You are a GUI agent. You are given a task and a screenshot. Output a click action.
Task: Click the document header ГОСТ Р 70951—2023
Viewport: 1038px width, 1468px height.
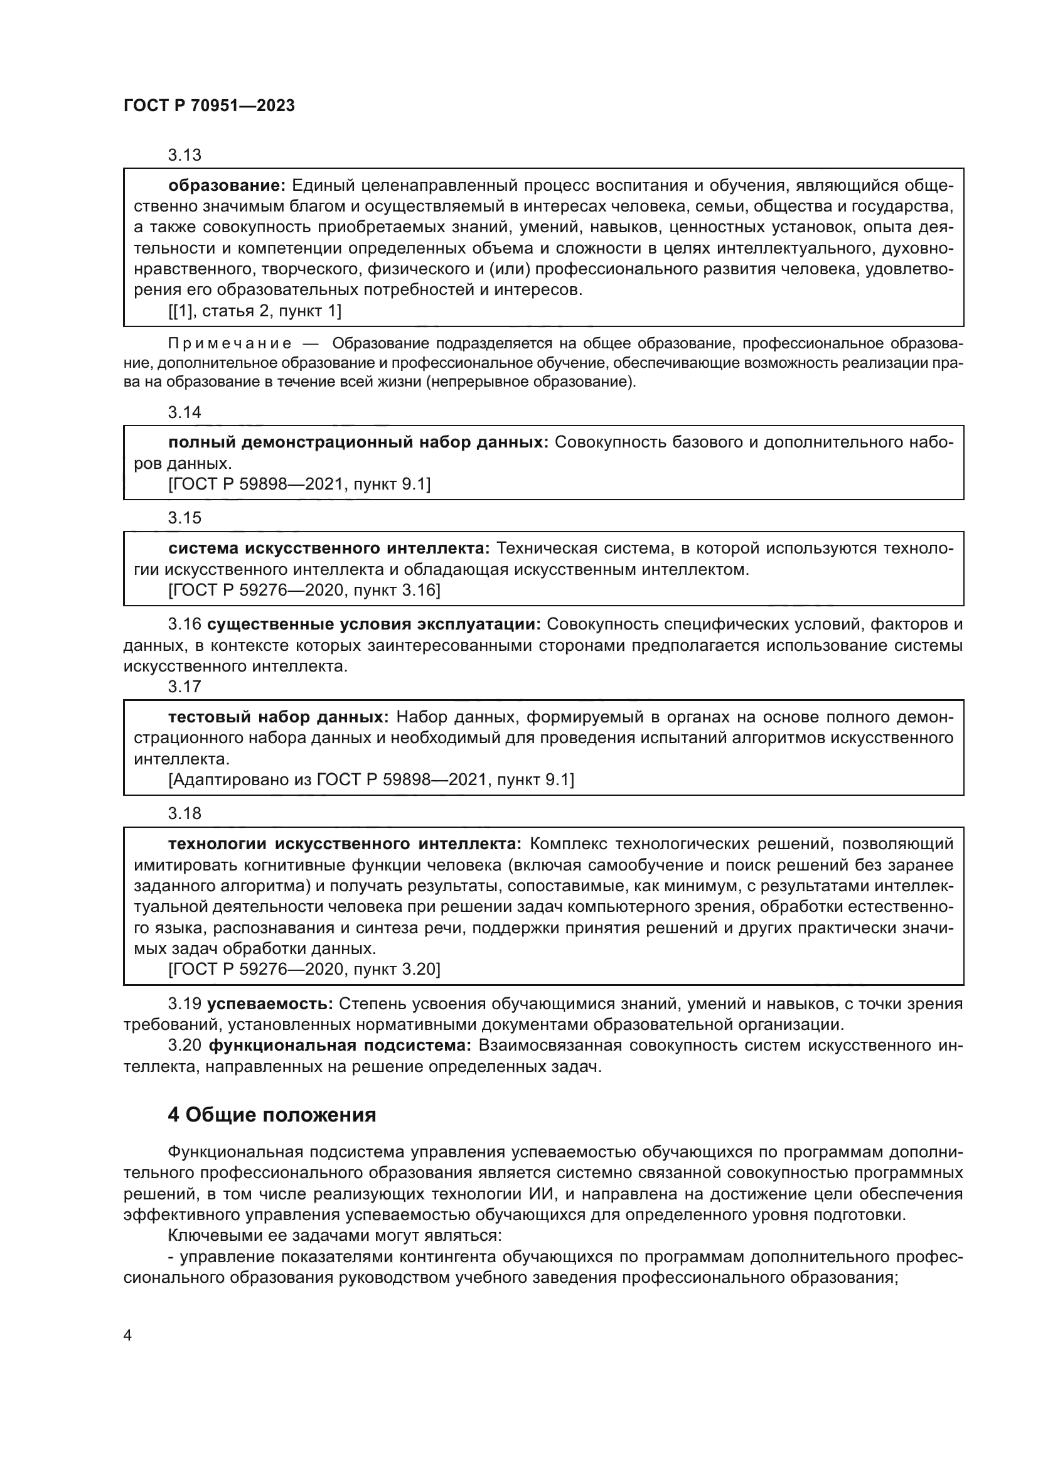click(209, 106)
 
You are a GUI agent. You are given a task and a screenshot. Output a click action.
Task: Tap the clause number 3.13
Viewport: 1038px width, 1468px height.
click(185, 155)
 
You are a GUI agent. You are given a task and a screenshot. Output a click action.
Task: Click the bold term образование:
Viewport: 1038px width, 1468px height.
click(227, 186)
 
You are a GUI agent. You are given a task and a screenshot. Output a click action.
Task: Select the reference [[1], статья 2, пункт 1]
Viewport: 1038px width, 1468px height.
click(255, 311)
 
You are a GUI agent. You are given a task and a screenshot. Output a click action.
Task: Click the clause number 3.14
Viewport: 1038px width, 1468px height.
click(185, 412)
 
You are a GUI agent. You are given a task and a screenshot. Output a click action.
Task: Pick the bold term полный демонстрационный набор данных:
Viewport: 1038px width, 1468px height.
click(358, 442)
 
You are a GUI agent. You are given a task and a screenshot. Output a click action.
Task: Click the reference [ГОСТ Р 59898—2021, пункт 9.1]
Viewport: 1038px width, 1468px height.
click(299, 485)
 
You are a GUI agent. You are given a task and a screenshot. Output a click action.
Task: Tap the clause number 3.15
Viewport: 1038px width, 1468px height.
click(185, 518)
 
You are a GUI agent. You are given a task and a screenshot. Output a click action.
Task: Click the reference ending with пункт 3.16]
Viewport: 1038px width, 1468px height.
click(304, 590)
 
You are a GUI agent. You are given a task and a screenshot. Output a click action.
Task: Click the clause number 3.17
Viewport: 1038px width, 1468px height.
click(185, 687)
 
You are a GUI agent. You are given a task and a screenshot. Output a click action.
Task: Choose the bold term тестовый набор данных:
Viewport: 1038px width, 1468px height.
click(278, 717)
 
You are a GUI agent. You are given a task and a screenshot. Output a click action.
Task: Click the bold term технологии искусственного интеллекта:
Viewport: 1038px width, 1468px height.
click(345, 844)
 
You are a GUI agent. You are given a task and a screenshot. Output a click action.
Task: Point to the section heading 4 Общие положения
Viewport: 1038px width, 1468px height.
click(272, 1115)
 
